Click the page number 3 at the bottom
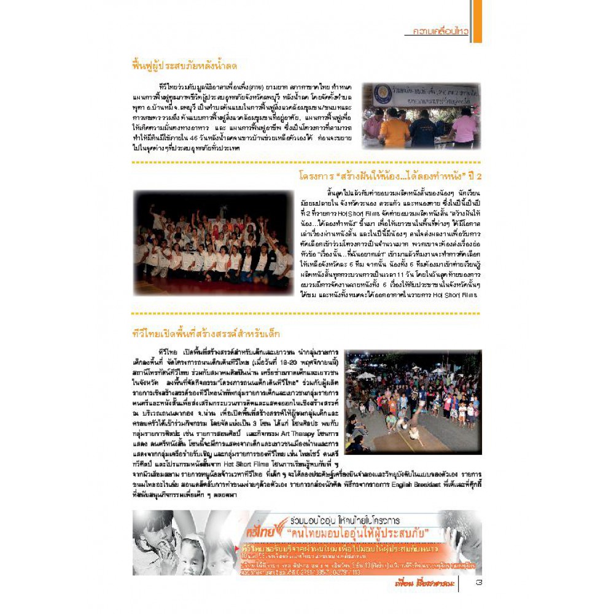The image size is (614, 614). tap(478, 583)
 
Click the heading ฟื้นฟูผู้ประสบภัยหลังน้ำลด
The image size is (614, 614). tap(185, 65)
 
